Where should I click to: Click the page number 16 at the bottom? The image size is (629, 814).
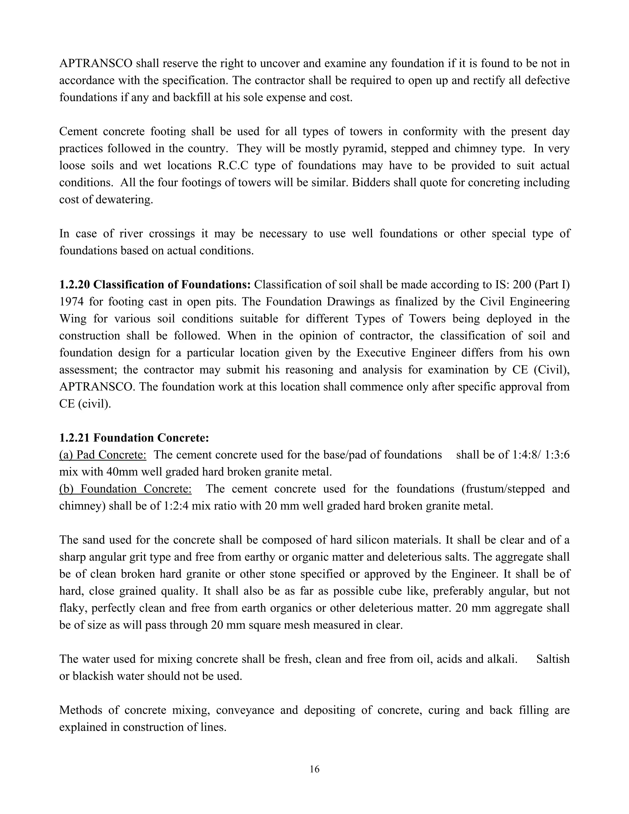click(314, 769)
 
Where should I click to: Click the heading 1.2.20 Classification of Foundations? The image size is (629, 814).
click(155, 285)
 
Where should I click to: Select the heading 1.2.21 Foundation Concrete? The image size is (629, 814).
click(134, 437)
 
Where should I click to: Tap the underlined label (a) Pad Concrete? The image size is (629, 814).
click(103, 455)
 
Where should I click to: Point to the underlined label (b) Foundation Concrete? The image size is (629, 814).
click(125, 489)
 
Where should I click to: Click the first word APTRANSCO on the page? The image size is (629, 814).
click(96, 64)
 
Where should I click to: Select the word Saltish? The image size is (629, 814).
click(553, 659)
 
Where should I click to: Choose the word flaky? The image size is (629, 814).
click(72, 608)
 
